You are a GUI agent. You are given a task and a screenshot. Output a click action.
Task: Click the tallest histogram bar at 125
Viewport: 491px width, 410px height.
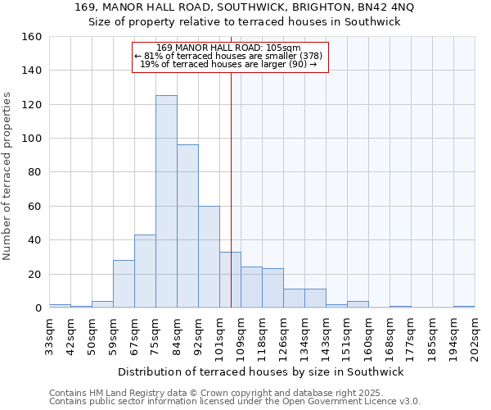point(166,202)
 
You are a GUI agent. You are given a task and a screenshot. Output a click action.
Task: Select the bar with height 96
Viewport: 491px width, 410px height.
point(187,226)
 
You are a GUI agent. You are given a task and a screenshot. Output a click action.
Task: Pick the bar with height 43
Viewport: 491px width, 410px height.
point(145,271)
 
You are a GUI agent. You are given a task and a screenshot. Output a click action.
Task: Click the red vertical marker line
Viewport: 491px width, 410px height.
point(231,189)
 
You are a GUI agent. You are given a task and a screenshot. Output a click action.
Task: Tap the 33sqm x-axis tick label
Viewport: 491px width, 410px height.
point(49,335)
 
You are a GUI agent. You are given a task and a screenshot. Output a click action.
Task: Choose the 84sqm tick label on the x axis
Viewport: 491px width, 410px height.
point(177,335)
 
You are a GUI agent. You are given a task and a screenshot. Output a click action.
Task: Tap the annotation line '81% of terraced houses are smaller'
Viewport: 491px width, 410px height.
point(230,56)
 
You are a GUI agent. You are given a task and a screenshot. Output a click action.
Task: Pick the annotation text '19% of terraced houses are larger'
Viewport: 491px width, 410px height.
point(229,64)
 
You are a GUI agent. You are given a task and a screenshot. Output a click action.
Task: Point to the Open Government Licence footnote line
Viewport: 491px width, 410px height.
point(235,402)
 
